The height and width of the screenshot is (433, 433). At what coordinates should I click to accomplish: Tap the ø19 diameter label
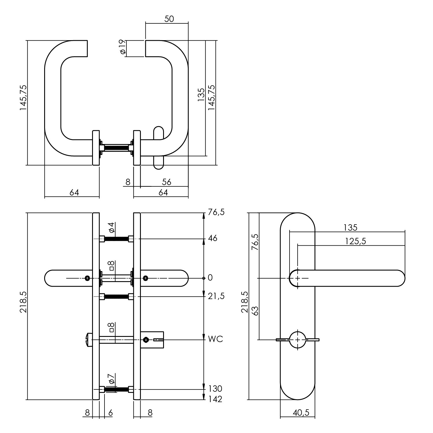pos(122,47)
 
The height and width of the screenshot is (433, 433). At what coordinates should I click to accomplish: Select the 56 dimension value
pos(167,182)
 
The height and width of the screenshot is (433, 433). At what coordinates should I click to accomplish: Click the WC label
pos(216,339)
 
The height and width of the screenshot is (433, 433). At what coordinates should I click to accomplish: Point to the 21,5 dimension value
pos(216,296)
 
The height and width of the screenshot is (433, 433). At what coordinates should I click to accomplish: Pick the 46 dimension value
pos(213,238)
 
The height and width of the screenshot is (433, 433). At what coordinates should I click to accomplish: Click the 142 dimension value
pos(215,399)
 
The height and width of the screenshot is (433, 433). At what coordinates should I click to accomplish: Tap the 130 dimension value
pos(215,388)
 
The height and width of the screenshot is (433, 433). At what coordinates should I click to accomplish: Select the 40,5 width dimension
pos(301,413)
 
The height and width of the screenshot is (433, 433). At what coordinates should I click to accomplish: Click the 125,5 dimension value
pos(355,241)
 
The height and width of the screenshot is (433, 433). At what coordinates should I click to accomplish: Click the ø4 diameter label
pos(112,228)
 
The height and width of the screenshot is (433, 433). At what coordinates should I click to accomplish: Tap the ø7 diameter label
pos(112,379)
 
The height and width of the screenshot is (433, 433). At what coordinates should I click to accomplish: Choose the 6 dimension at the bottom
pos(110,413)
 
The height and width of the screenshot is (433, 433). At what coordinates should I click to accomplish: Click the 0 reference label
pos(210,278)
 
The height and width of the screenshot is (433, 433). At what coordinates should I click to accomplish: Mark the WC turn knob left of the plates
pos(89,339)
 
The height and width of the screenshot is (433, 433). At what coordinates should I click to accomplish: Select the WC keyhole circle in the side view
pos(298,339)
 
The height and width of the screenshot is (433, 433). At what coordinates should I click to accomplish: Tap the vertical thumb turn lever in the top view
pos(158,148)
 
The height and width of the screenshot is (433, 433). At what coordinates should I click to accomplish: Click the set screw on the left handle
pos(87,278)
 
